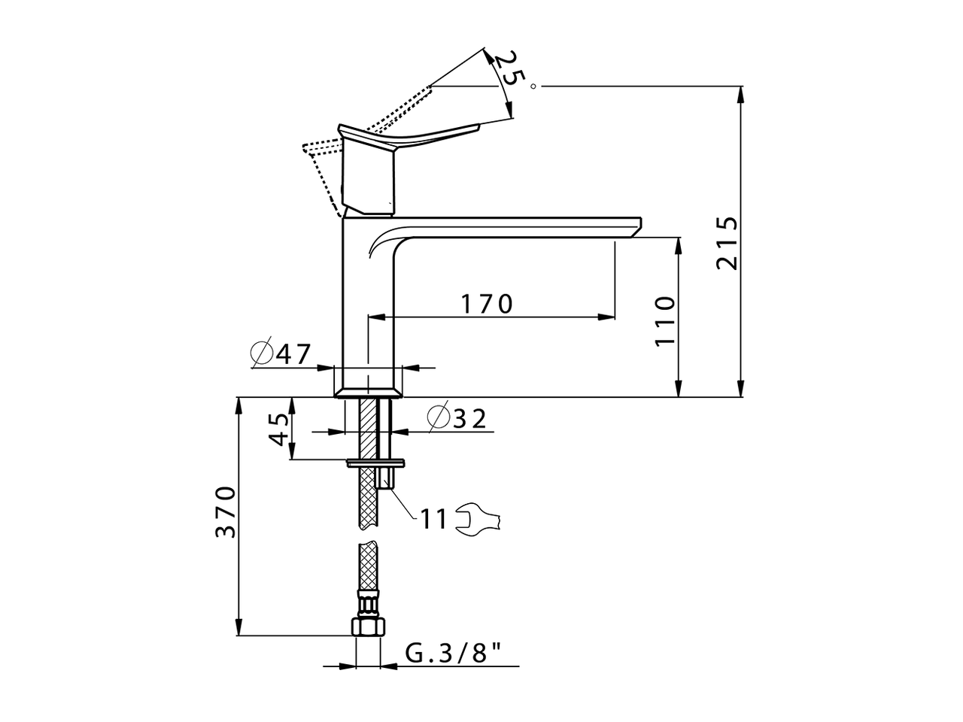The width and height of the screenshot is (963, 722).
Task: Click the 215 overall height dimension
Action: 727,243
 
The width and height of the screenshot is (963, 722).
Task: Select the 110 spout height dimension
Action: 664,321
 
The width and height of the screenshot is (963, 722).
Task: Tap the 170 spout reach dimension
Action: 487,304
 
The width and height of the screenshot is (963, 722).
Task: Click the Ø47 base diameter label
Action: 281,353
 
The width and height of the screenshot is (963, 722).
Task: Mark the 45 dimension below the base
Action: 278,429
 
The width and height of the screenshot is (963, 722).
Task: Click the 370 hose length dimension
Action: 226,511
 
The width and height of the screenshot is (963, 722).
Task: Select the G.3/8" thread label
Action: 453,653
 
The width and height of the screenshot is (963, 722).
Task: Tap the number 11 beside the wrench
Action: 433,520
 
